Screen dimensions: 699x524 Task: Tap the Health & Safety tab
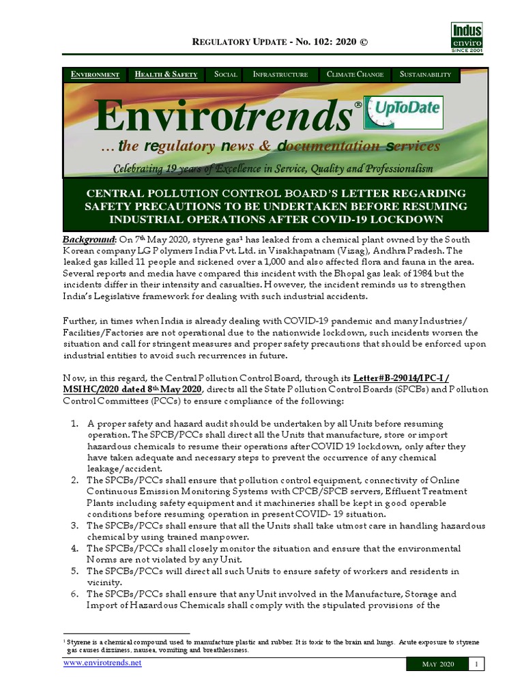(166, 74)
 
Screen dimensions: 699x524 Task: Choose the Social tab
(225, 74)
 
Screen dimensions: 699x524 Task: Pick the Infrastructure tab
(280, 74)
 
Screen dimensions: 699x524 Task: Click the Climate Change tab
(355, 74)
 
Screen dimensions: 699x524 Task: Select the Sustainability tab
(425, 74)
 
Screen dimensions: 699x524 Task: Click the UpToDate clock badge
(403, 113)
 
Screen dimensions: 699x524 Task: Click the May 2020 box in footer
(437, 664)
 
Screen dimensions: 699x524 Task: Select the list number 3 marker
(75, 526)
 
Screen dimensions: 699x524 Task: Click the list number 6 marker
(75, 594)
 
